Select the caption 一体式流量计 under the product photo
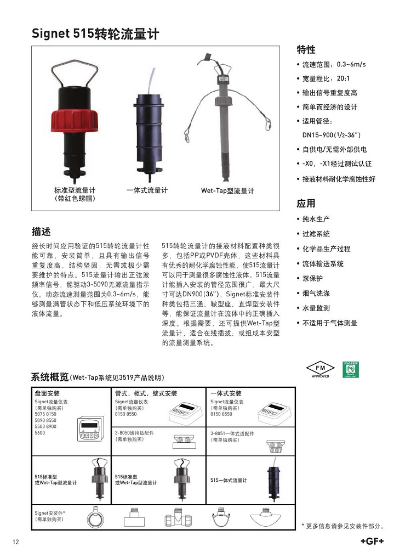pos(147,190)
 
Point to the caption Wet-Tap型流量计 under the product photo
pos(227,191)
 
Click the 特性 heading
pos(306,49)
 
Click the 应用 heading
pos(306,204)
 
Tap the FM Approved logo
pos(321,369)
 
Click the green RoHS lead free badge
pos(350,369)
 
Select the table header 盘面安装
pos(47,393)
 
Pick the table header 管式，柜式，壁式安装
pos(146,393)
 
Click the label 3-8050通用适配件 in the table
pos(134,433)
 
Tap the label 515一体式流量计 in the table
pos(229,481)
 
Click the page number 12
pos(16,542)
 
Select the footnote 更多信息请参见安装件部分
pos(343,526)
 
